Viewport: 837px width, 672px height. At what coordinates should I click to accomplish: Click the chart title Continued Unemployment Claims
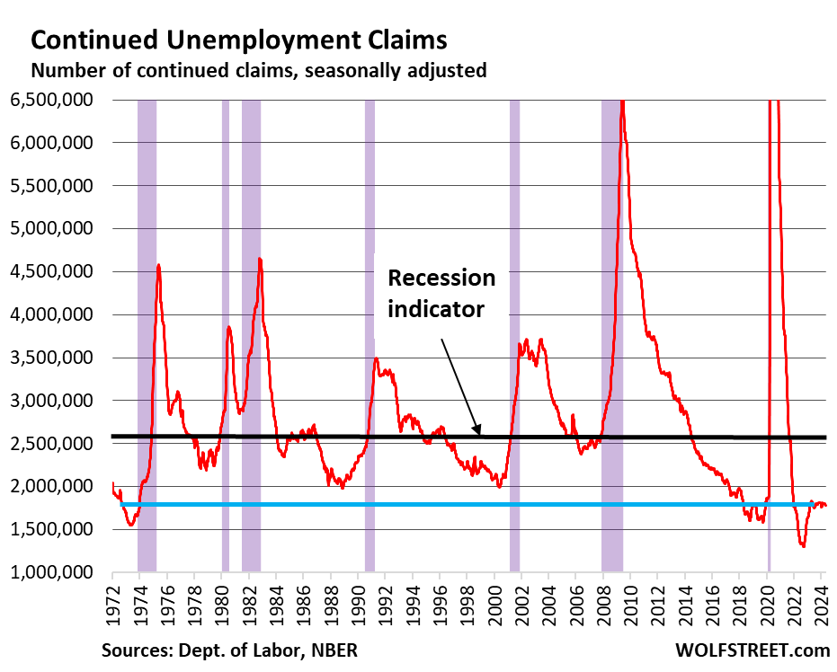tap(238, 40)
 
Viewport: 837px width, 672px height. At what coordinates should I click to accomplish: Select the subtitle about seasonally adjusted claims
tap(259, 70)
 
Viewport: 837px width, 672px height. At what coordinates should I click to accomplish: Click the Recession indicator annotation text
tap(441, 293)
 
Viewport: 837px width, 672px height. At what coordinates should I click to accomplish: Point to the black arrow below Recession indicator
tap(461, 385)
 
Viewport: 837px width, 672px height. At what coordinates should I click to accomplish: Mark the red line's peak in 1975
tap(158, 266)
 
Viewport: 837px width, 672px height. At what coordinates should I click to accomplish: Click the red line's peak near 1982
tap(260, 260)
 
